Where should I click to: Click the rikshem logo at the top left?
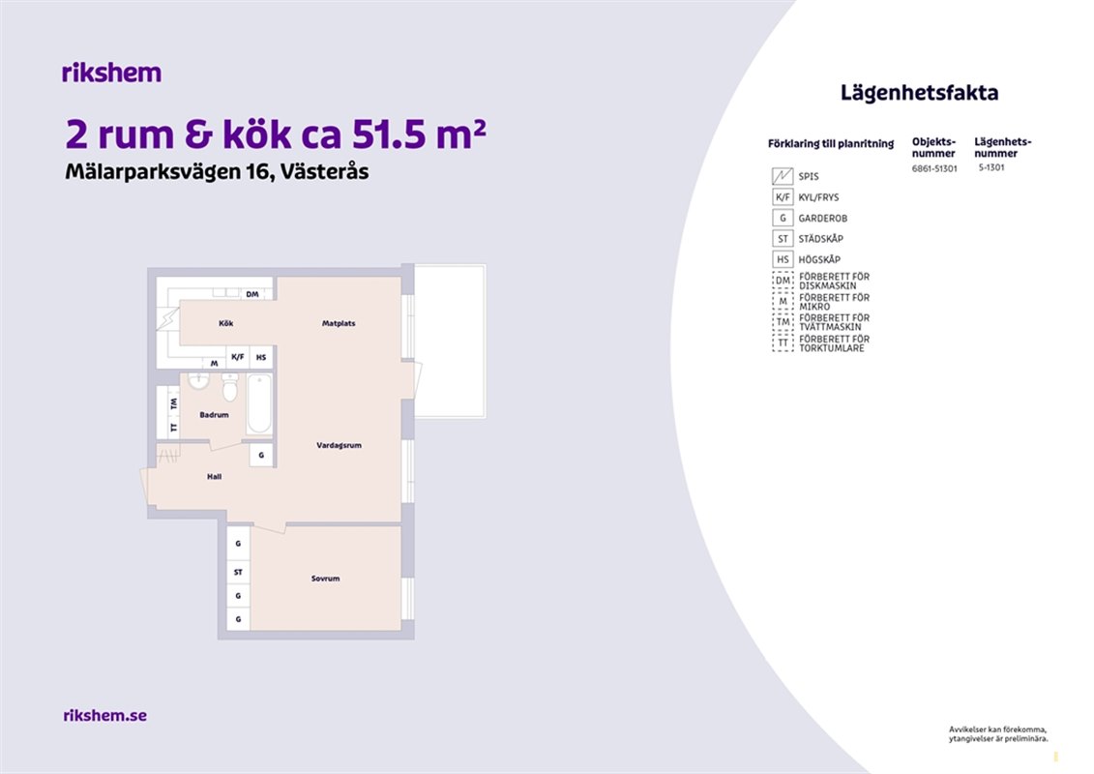point(111,73)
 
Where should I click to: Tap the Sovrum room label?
point(325,579)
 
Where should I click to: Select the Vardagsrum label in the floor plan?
point(340,445)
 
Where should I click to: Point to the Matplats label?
point(339,323)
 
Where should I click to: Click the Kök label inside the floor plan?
point(226,323)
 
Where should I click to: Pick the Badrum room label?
point(214,414)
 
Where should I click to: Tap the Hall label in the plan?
point(214,477)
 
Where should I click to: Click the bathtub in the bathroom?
point(259,404)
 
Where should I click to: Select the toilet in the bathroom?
point(229,387)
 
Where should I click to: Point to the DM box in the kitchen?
point(252,294)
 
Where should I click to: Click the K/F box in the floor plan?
point(238,357)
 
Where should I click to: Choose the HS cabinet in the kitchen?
point(261,357)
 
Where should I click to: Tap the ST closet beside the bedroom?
point(239,573)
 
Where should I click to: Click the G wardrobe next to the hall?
point(261,455)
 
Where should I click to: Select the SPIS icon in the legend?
point(783,176)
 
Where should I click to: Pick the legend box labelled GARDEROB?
point(783,218)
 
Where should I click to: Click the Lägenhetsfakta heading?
point(919,93)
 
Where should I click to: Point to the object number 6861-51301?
point(934,168)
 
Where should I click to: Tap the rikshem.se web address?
point(104,715)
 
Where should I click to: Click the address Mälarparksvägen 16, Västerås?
point(217,171)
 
